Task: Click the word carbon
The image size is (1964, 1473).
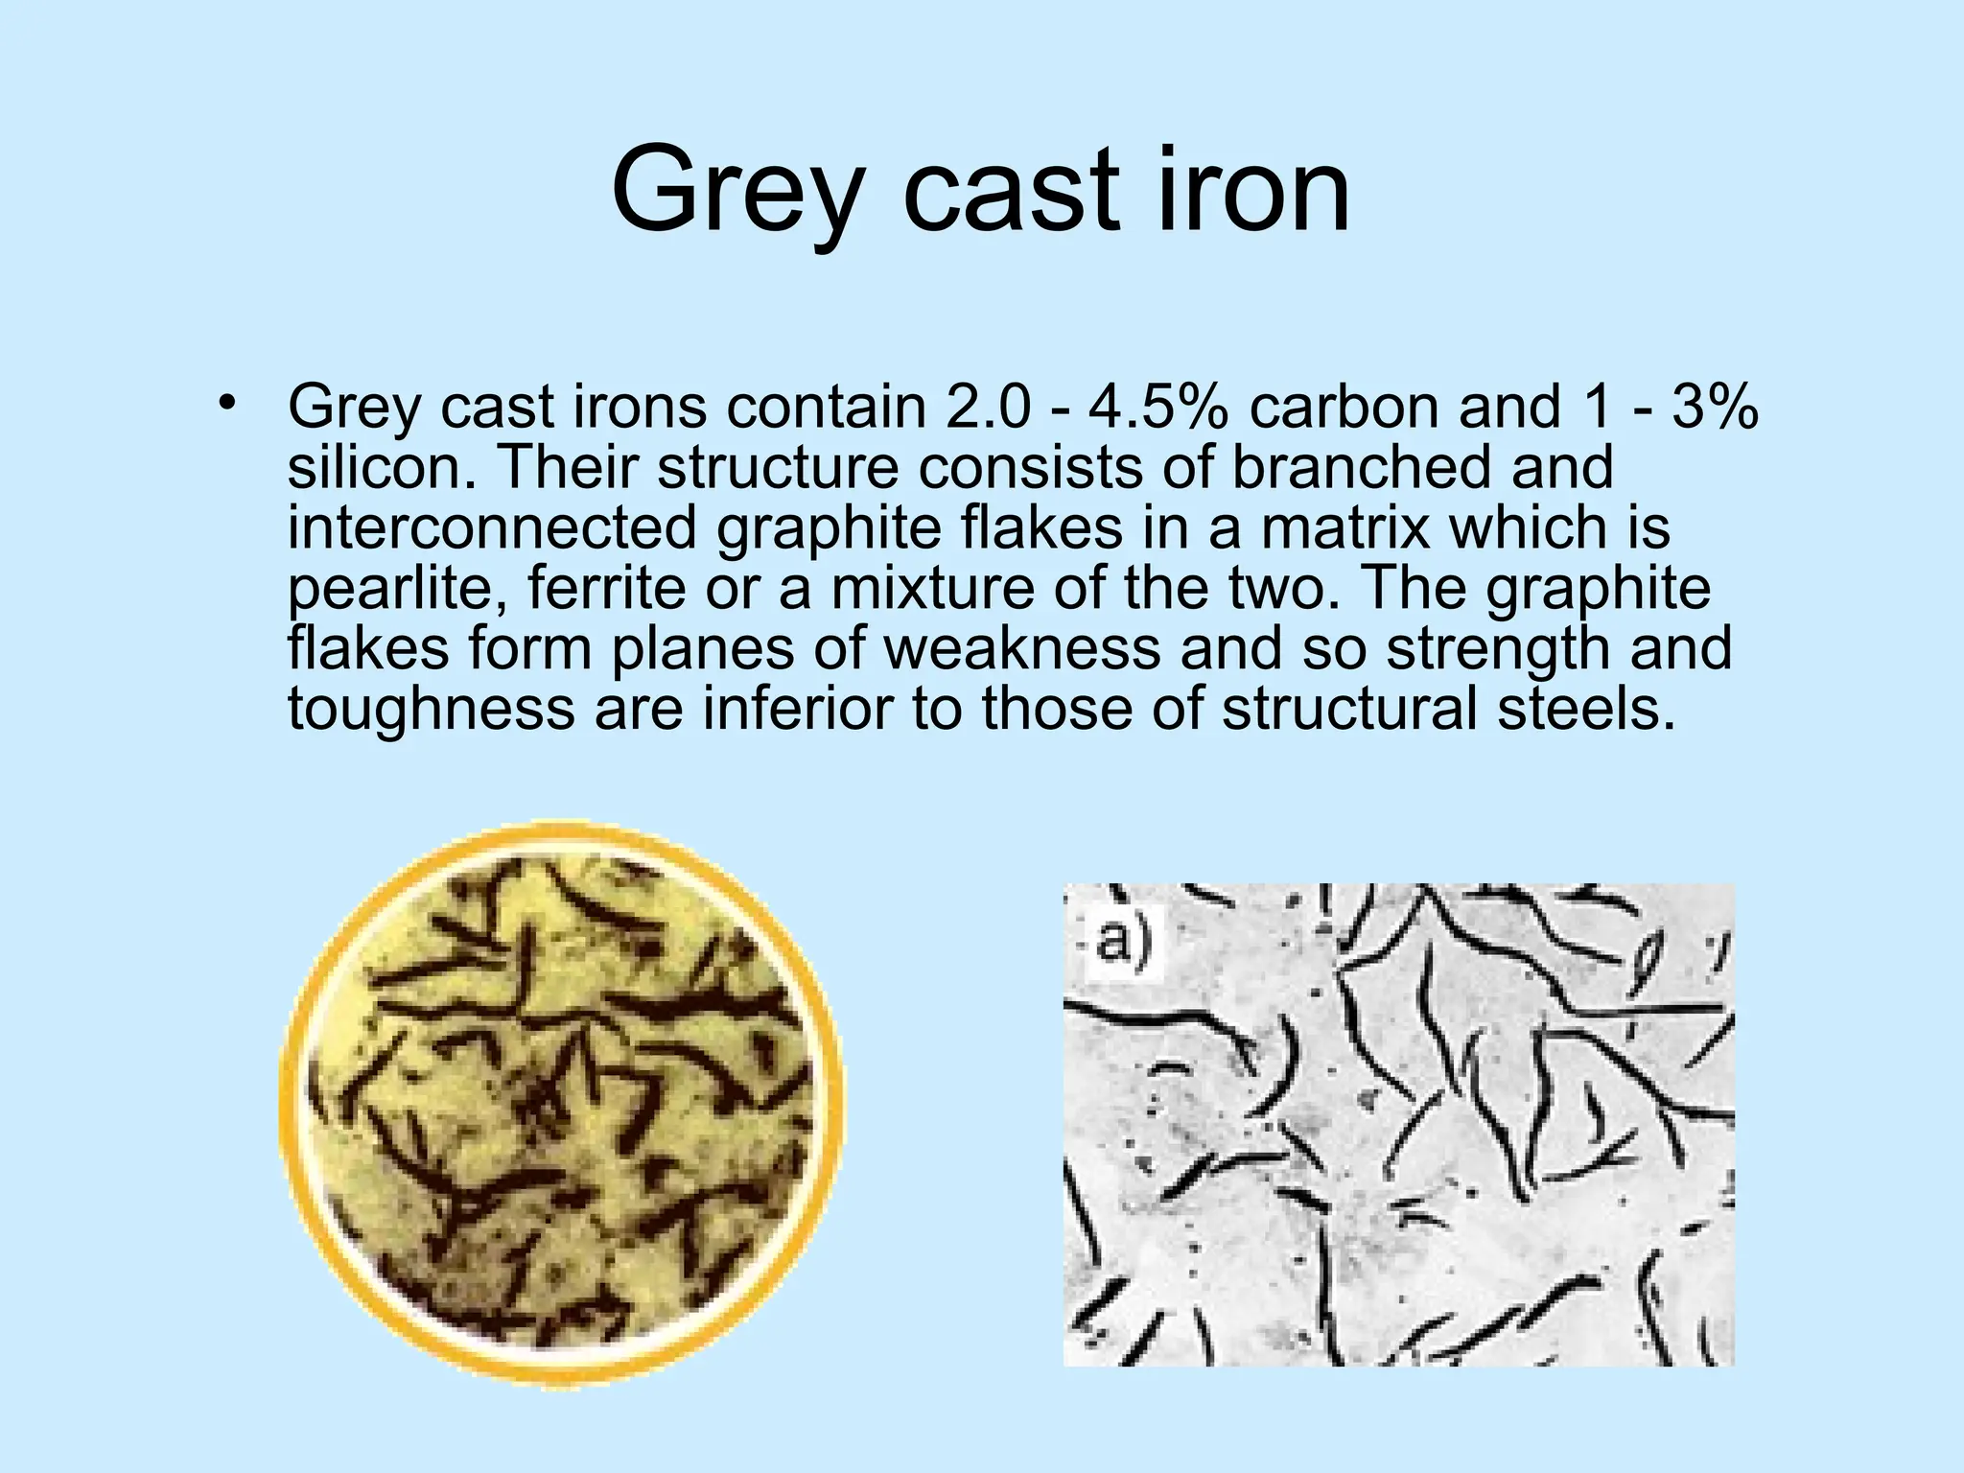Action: pyautogui.click(x=1344, y=407)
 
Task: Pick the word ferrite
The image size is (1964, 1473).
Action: pyautogui.click(x=606, y=588)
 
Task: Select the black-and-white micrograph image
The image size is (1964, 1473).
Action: pyautogui.click(x=1398, y=1124)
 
